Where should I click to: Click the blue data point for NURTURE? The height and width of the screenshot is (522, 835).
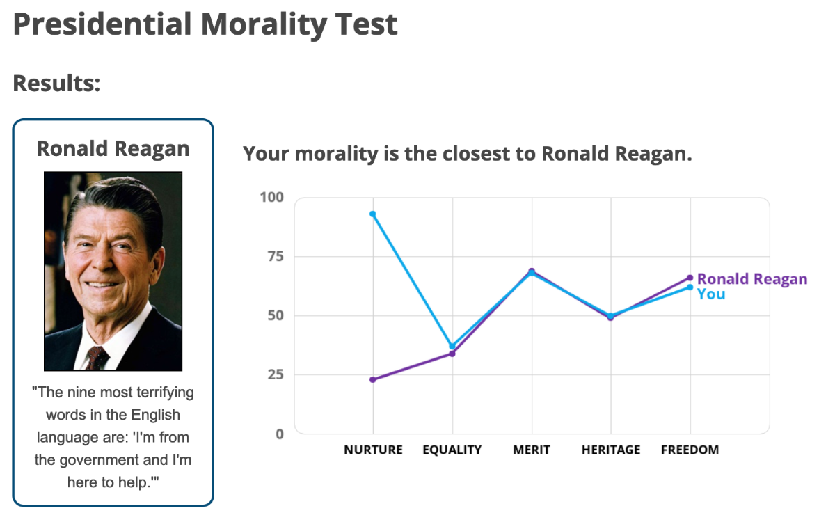373,214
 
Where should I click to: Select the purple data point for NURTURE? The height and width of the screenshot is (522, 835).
373,379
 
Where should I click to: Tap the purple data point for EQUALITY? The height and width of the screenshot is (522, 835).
452,354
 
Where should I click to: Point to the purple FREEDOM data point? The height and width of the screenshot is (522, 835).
690,278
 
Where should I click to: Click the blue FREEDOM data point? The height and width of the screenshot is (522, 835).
690,287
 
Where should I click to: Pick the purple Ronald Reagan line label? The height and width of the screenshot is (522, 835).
752,279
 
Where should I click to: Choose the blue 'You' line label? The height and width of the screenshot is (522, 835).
711,294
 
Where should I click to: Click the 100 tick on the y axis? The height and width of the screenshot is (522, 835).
272,197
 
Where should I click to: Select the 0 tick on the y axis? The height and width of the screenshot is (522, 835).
280,434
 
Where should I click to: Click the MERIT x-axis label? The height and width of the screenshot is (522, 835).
532,450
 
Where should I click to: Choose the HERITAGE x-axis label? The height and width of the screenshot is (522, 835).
611,450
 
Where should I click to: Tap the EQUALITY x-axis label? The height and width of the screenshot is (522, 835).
452,450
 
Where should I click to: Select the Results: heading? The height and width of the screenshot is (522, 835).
57,84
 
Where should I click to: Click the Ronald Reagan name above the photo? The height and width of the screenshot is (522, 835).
113,148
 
